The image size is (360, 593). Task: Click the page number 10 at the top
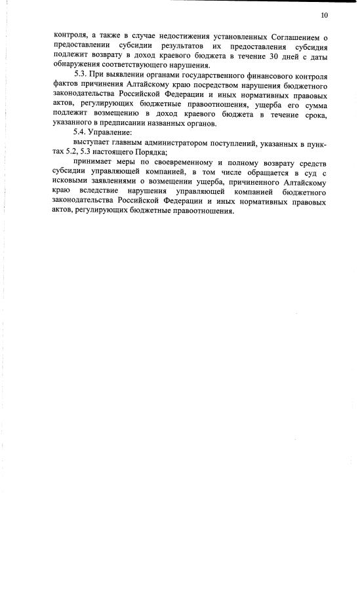324,15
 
